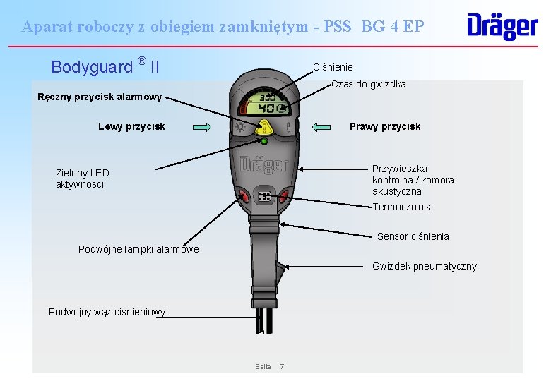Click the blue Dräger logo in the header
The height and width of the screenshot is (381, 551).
coord(502,26)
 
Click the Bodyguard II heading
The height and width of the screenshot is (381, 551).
coord(105,66)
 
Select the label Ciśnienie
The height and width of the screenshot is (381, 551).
coord(333,67)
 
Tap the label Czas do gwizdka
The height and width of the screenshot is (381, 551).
coord(368,85)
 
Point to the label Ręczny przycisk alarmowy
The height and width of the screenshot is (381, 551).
coord(100,97)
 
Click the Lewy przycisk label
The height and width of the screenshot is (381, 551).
coord(131,127)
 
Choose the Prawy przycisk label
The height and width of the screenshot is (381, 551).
coord(385,127)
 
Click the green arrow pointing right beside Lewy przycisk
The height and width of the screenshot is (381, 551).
coord(202,127)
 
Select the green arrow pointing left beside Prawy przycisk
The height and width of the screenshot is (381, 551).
coord(321,127)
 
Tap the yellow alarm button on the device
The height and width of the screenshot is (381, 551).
coord(264,128)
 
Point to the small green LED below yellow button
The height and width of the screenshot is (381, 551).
coord(264,142)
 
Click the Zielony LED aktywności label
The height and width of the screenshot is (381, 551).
coord(83,179)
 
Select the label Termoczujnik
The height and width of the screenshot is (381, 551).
coord(401,207)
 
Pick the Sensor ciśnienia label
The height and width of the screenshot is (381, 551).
coord(413,236)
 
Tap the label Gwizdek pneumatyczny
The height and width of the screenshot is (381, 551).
coord(424,266)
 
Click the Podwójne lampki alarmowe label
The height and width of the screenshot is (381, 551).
coord(138,249)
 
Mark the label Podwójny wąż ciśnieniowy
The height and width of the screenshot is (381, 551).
coord(107,312)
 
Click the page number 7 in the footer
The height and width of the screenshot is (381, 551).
coord(283,366)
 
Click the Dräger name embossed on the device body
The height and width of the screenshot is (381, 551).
coord(264,164)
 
